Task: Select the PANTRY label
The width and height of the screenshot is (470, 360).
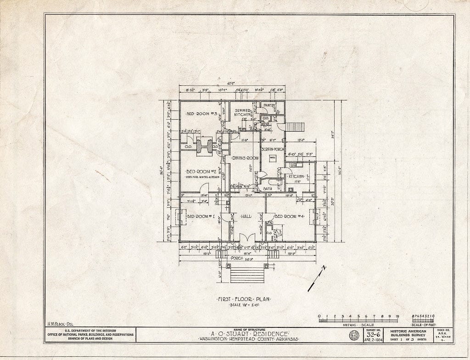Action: pos(269,106)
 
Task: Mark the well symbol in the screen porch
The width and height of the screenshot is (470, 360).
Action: pos(272,158)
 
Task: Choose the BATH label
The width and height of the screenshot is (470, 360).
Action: pos(268,188)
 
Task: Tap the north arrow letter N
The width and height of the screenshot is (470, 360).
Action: pos(324,269)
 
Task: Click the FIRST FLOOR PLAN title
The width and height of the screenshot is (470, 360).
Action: pos(244,299)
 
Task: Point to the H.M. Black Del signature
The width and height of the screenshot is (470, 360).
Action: pos(59,325)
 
